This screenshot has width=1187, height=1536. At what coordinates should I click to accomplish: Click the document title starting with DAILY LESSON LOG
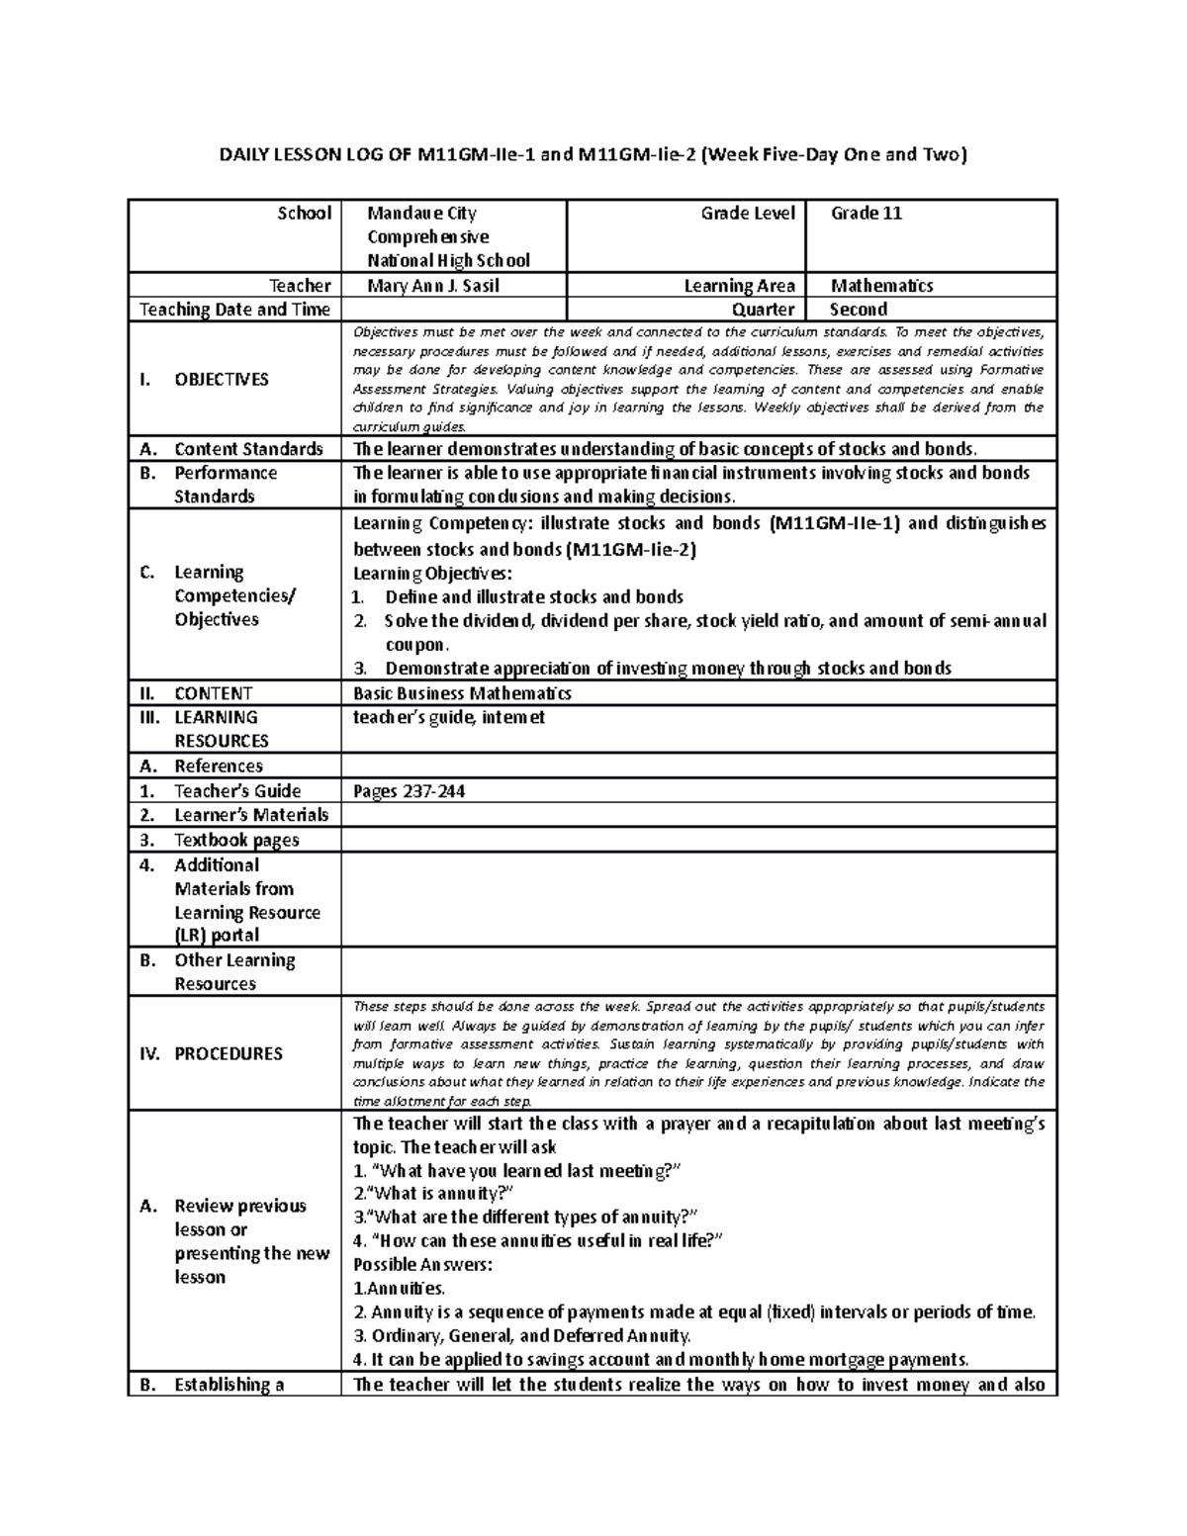593,154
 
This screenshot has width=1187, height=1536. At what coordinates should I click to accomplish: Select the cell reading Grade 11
866,214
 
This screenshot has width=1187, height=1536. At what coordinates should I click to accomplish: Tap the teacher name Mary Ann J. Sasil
433,286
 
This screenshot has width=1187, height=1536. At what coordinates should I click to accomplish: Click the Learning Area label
740,286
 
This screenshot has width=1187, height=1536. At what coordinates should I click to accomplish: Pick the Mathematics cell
881,286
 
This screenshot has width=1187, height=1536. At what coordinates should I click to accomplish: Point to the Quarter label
763,310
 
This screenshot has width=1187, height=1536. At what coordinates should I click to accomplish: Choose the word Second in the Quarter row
858,310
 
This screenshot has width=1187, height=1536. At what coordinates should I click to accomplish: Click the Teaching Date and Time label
234,310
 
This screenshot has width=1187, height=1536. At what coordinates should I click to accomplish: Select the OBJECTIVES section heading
221,380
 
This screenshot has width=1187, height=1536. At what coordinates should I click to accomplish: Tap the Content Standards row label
248,449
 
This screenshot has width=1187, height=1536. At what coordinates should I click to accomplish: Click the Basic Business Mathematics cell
462,693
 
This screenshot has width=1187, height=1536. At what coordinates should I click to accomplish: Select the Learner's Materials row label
251,815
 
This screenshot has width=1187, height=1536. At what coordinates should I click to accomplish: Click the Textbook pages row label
236,840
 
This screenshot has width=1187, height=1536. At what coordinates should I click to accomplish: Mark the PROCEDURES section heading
228,1053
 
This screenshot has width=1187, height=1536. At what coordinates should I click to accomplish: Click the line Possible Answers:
422,1265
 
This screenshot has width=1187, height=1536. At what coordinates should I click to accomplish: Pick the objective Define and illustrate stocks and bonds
534,597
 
